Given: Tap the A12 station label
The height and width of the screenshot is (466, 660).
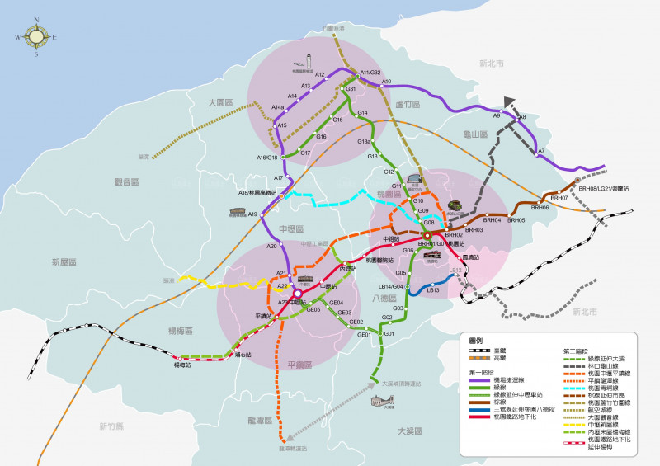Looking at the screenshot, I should pyautogui.click(x=321, y=75).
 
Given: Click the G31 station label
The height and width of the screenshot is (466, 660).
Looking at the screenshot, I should pyautogui.click(x=351, y=89).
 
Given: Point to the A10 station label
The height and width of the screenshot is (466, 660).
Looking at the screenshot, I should pyautogui.click(x=386, y=81).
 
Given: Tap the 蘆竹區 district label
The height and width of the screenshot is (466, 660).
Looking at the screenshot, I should pyautogui.click(x=408, y=104).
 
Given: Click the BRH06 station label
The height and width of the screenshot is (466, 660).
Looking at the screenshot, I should pyautogui.click(x=540, y=208).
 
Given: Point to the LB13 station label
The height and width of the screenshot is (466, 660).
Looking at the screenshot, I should pyautogui.click(x=433, y=289).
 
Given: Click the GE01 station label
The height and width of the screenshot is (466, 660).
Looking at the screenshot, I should pyautogui.click(x=363, y=335).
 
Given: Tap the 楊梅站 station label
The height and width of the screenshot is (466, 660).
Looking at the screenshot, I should pyautogui.click(x=182, y=365).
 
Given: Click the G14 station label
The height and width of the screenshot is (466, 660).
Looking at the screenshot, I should pyautogui.click(x=362, y=113).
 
